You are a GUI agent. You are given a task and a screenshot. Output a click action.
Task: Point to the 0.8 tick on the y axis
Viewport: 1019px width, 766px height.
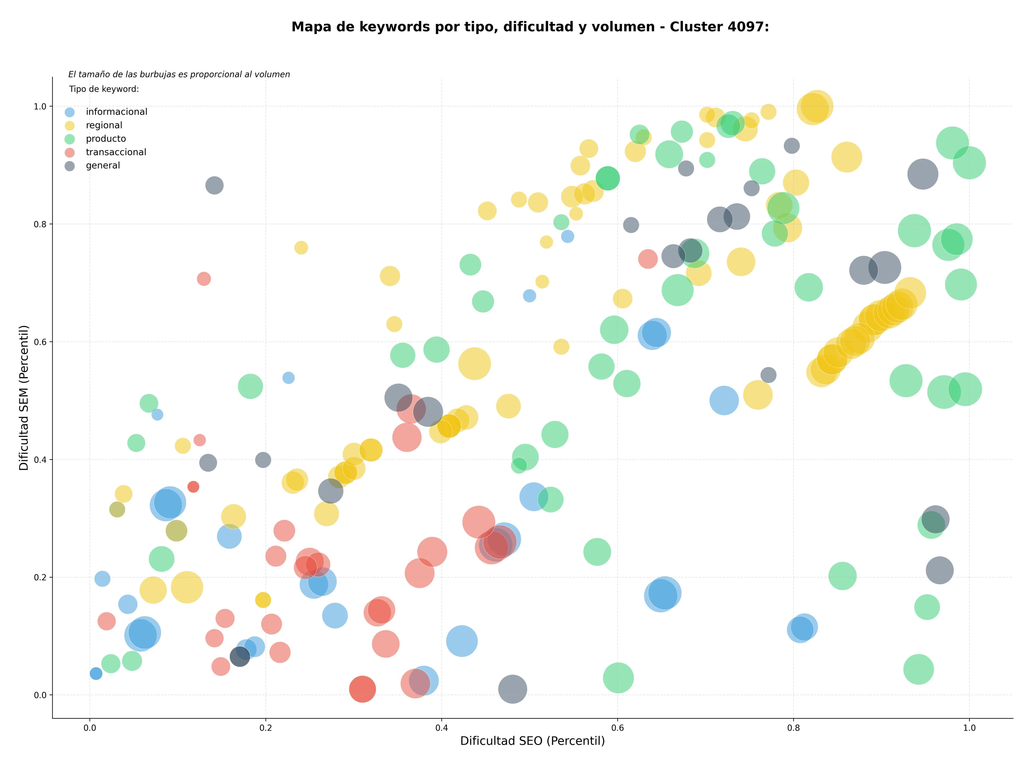pyautogui.click(x=41, y=224)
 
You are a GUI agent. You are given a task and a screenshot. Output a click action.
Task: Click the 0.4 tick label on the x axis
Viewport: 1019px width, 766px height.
pyautogui.click(x=441, y=728)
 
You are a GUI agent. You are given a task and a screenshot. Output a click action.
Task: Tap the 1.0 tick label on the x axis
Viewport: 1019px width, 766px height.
pyautogui.click(x=969, y=728)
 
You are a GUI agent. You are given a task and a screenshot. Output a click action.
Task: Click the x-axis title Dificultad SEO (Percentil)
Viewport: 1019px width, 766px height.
pyautogui.click(x=533, y=741)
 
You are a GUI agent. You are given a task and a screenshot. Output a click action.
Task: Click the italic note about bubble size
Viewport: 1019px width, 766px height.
pyautogui.click(x=179, y=74)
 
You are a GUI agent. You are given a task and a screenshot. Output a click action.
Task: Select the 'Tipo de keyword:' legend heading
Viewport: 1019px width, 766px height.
pyautogui.click(x=104, y=89)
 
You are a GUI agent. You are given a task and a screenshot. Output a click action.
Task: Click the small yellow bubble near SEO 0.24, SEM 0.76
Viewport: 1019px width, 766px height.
pyautogui.click(x=301, y=248)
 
